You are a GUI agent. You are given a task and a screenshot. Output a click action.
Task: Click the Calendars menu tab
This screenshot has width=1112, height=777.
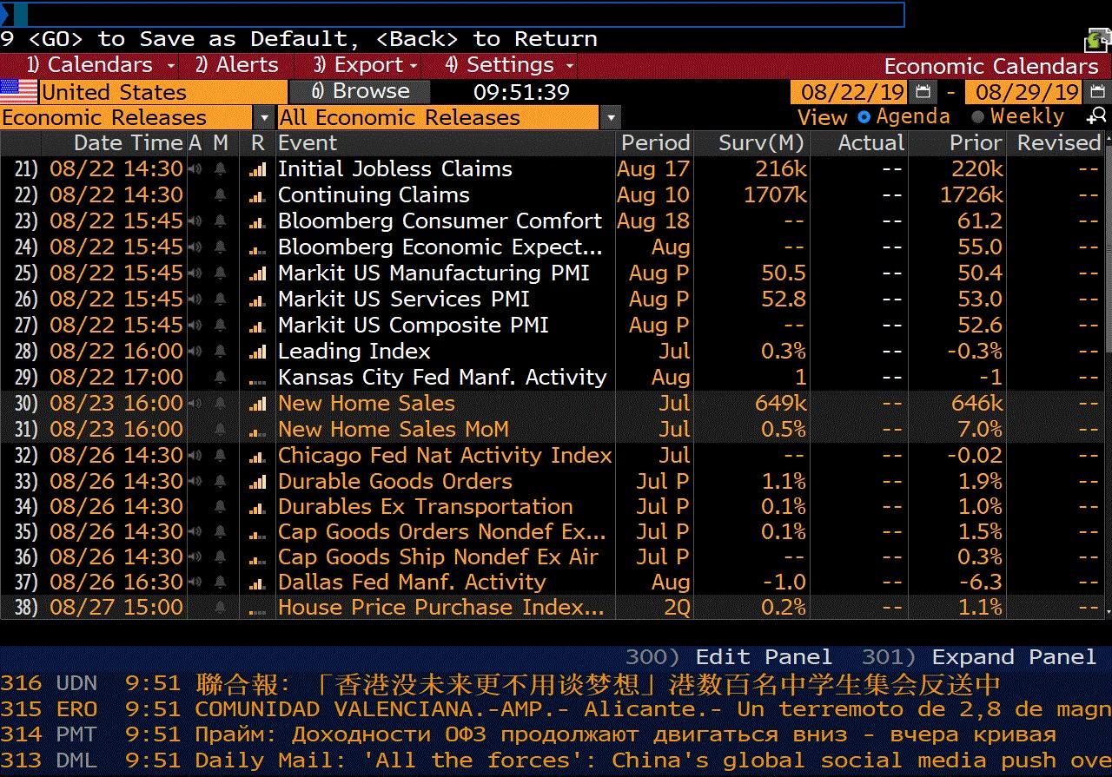click(x=89, y=65)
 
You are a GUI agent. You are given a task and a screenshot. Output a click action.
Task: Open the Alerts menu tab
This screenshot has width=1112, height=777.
click(x=236, y=65)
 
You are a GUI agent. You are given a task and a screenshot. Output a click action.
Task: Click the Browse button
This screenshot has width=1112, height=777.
click(x=361, y=91)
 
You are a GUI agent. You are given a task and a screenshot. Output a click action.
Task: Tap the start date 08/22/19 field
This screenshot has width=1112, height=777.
click(x=852, y=92)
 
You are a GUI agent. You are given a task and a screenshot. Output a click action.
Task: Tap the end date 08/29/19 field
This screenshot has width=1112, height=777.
click(x=1027, y=92)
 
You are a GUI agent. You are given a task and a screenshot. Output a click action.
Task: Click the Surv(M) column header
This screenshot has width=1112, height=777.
click(x=761, y=143)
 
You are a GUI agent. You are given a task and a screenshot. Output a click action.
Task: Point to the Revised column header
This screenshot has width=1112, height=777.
click(x=1058, y=143)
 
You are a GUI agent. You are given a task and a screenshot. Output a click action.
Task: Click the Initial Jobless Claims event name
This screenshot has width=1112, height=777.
click(x=394, y=169)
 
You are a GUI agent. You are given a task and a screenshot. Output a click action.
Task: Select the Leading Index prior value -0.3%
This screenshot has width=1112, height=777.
click(x=976, y=352)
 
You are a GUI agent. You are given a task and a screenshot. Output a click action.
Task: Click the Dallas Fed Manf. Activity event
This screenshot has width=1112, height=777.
click(x=412, y=583)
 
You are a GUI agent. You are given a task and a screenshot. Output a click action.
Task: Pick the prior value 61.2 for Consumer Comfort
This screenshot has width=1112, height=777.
click(x=980, y=221)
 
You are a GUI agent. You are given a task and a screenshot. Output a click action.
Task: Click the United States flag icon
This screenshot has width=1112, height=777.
click(x=19, y=92)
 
